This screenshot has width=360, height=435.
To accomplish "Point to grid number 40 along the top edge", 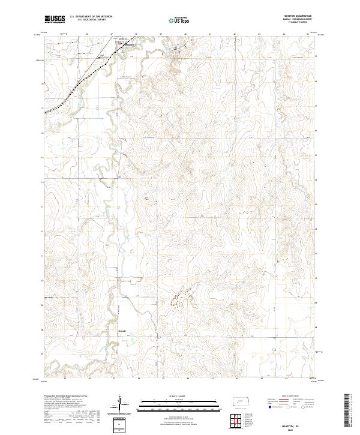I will tap(187, 34).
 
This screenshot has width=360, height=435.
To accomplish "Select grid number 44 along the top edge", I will tap(285, 34).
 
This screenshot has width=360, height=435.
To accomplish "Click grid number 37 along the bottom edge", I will tap(114, 379).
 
